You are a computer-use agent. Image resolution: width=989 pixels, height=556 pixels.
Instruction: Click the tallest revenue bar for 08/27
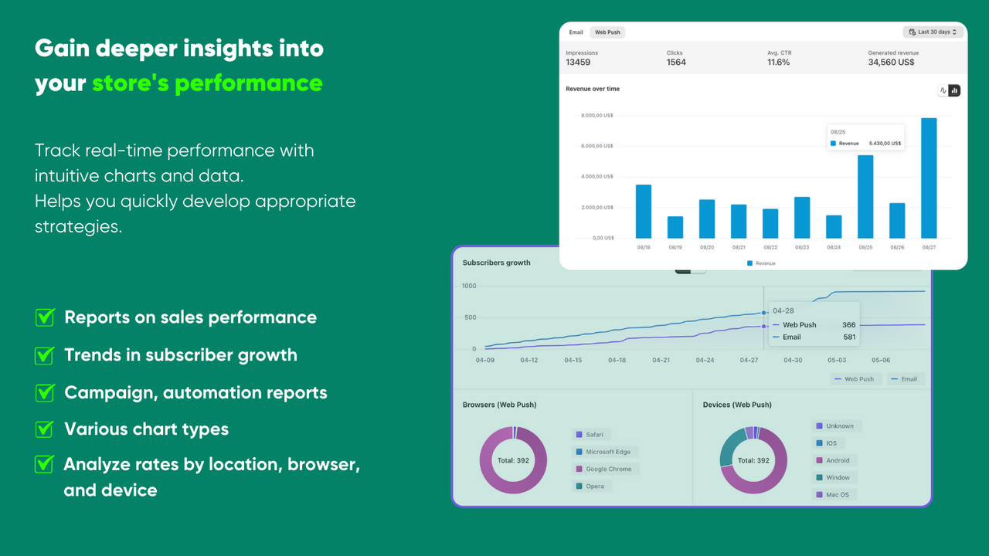pyautogui.click(x=929, y=178)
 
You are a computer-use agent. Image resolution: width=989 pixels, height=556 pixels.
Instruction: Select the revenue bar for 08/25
pyautogui.click(x=865, y=197)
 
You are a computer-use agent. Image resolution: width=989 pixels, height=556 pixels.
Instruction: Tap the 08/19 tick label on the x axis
pyautogui.click(x=675, y=247)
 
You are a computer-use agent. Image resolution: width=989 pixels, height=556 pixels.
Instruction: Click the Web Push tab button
pyautogui.click(x=607, y=32)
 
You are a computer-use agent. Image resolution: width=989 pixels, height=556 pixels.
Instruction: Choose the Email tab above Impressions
pyautogui.click(x=576, y=32)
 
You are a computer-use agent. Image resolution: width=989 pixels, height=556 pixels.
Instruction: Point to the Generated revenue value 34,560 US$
pyautogui.click(x=891, y=62)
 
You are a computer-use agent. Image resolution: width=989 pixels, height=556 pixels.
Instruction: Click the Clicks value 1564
pyautogui.click(x=676, y=62)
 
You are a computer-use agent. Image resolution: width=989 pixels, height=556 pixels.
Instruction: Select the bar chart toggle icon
pyautogui.click(x=954, y=90)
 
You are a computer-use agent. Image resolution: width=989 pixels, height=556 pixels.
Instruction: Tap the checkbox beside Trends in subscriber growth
pyautogui.click(x=45, y=355)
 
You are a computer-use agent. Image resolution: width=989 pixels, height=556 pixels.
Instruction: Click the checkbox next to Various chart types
pyautogui.click(x=45, y=429)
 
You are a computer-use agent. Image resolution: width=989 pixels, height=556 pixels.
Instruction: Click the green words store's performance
pyautogui.click(x=207, y=83)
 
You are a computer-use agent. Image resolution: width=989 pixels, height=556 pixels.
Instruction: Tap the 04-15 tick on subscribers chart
pyautogui.click(x=573, y=360)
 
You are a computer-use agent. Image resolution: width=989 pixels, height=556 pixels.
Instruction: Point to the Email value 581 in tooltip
pyautogui.click(x=849, y=337)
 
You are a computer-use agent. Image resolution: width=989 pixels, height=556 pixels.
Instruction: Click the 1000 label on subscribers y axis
pyautogui.click(x=469, y=286)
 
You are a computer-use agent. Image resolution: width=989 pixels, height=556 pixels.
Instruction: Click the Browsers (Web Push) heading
pyautogui.click(x=499, y=405)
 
